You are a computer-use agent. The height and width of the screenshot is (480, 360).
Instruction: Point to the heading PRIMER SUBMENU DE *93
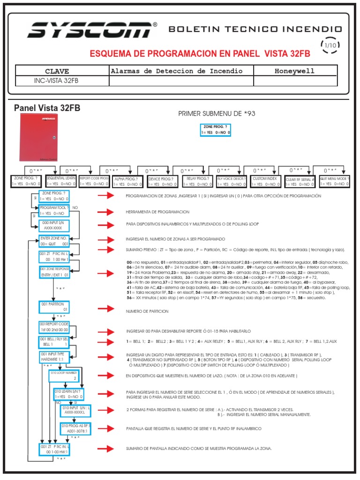pyautogui.click(x=217, y=114)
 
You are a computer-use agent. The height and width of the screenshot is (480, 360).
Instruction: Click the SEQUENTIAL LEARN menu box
pyautogui.click(x=61, y=181)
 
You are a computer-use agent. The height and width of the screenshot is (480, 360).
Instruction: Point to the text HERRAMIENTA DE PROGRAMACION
pyautogui.click(x=157, y=212)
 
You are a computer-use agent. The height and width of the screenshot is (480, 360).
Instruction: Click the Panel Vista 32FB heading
pyautogui.click(x=47, y=108)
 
